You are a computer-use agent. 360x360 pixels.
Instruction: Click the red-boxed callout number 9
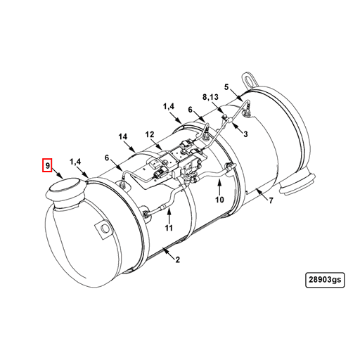[x=47, y=166]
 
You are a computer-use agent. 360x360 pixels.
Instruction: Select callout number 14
[x=122, y=136]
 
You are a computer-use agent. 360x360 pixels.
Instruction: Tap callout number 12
[x=149, y=134]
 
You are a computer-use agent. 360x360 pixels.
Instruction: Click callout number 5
[x=227, y=86]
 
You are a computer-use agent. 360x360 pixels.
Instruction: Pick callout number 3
[x=245, y=134]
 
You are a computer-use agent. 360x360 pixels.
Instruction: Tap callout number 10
[x=219, y=200]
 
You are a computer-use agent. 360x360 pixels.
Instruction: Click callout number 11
[x=169, y=229]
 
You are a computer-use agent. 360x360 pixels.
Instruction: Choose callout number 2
[x=178, y=260]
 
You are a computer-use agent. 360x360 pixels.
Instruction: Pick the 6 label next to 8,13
[x=190, y=109]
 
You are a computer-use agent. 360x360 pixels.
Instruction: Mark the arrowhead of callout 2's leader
[x=163, y=248]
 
